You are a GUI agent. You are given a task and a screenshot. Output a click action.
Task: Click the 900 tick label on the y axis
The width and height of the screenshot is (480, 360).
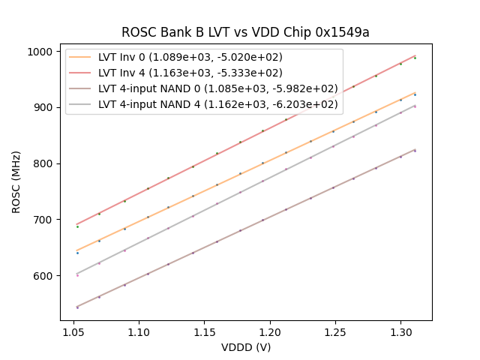click(x=44, y=107)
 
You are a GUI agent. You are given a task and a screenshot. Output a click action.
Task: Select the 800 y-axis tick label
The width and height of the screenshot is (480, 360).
click(x=44, y=163)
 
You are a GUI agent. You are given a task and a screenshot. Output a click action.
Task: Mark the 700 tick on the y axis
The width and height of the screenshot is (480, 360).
click(x=44, y=220)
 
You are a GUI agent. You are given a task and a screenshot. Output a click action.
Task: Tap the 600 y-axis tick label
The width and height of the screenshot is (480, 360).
click(x=44, y=276)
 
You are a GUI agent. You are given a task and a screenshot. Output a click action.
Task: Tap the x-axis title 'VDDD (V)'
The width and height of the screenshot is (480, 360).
click(x=245, y=347)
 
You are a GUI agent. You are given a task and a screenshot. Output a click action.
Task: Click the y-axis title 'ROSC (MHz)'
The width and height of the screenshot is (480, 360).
click(x=16, y=180)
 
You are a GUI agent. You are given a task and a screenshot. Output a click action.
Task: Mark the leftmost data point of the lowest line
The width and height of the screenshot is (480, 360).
click(x=77, y=307)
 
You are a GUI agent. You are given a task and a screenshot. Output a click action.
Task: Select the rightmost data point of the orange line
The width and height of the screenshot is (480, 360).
click(x=415, y=94)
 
